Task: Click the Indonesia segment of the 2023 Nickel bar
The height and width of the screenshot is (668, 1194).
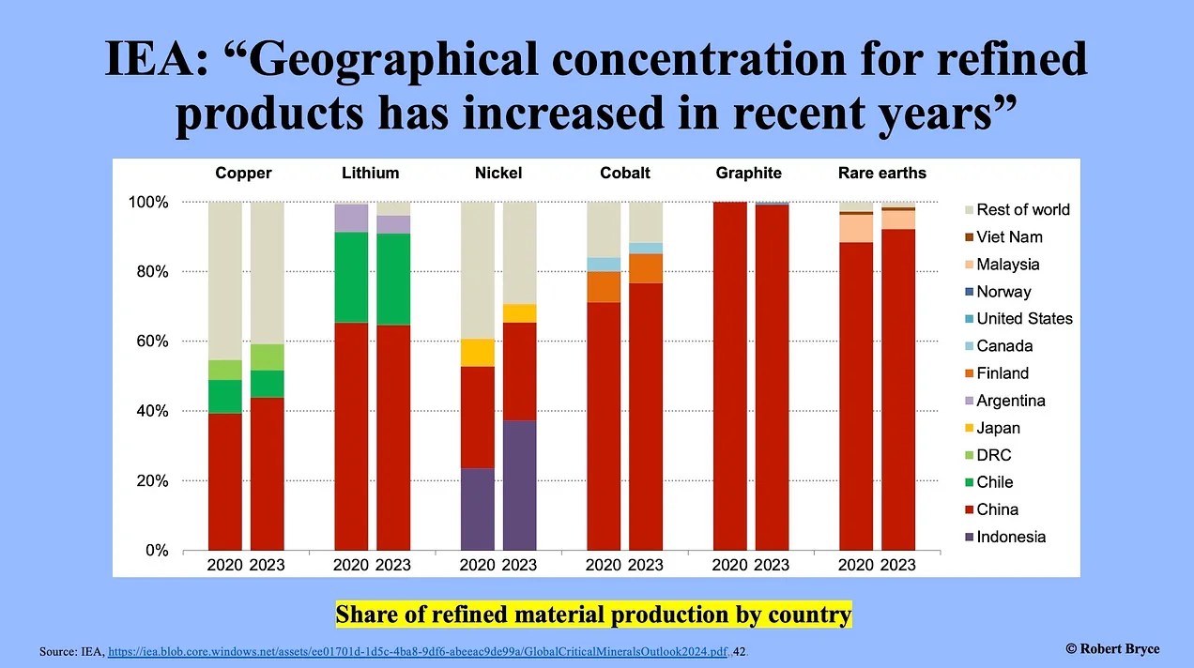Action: tap(519, 485)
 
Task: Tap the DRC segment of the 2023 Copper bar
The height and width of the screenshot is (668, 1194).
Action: tap(267, 357)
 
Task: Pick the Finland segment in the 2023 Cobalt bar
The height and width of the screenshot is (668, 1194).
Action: tap(645, 268)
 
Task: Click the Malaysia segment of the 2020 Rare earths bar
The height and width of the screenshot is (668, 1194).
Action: tap(855, 228)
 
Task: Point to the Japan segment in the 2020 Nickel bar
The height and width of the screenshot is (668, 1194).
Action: tap(477, 352)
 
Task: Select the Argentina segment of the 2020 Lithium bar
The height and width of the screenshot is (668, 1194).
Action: tap(351, 218)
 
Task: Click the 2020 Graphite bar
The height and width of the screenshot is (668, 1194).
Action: tap(729, 375)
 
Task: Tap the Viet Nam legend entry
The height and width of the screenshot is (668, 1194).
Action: tap(1009, 237)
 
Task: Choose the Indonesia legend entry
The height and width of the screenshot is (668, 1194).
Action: tap(1010, 537)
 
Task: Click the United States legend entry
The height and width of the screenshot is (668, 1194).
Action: tap(1023, 319)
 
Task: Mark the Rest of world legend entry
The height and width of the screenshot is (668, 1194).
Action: tap(1022, 210)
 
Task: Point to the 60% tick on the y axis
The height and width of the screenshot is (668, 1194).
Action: tap(148, 342)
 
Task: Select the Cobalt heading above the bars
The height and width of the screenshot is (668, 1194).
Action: tap(624, 173)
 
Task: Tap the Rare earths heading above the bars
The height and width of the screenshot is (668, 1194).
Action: tap(881, 173)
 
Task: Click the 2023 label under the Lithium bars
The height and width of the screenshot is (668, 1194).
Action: tap(392, 565)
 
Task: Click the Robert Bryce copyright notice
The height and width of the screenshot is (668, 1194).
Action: tap(1112, 649)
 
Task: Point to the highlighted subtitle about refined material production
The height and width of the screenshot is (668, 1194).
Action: tap(593, 615)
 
